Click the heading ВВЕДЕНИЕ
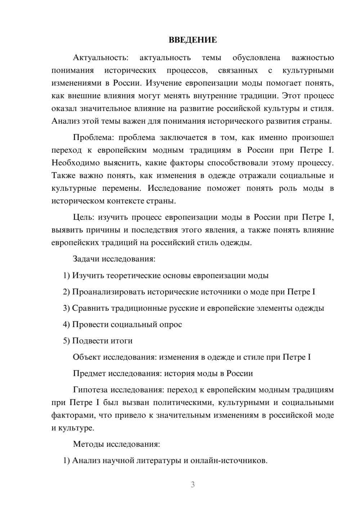193,40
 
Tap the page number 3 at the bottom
193,485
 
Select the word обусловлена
256,58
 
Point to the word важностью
312,58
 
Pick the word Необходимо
76,163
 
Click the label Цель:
84,217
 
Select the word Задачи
86,259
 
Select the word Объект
87,357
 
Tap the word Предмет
89,373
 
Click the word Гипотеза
90,389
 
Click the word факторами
73,415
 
